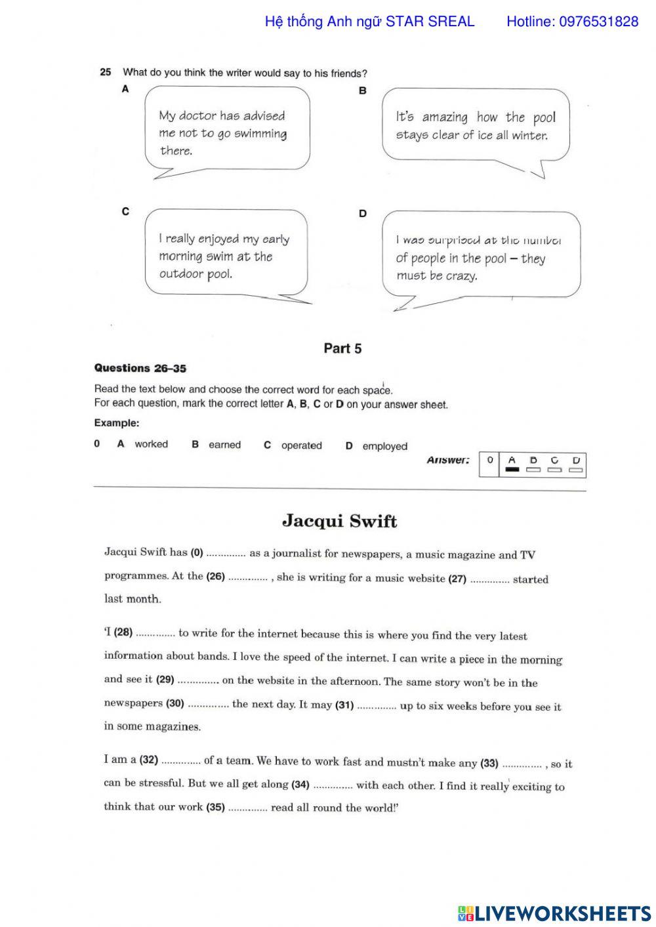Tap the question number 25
pyautogui.click(x=106, y=72)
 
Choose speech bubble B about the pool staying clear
pyautogui.click(x=475, y=126)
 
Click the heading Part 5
pyautogui.click(x=342, y=348)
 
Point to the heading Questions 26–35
pyautogui.click(x=140, y=368)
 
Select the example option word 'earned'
pyautogui.click(x=224, y=445)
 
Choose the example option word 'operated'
pyautogui.click(x=301, y=445)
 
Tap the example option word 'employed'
pyautogui.click(x=384, y=446)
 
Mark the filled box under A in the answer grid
pyautogui.click(x=512, y=470)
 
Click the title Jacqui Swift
pyautogui.click(x=339, y=522)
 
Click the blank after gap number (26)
pyautogui.click(x=248, y=577)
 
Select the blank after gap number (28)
pyautogui.click(x=155, y=634)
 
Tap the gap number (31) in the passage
pyautogui.click(x=344, y=705)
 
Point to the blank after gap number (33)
pyautogui.click(x=522, y=764)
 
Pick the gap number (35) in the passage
pyautogui.click(x=215, y=807)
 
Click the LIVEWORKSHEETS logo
pyautogui.click(x=554, y=913)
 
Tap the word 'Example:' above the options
pyautogui.click(x=117, y=423)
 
